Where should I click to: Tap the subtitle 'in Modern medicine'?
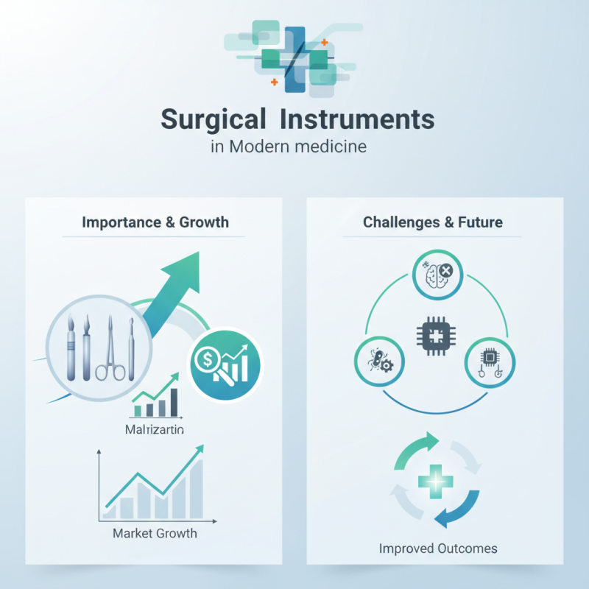coord(289,145)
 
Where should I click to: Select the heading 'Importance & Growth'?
coord(155,222)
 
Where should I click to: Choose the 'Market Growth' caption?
coord(155,532)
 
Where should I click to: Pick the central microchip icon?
coord(433,338)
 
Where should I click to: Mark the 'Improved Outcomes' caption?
coord(438,549)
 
